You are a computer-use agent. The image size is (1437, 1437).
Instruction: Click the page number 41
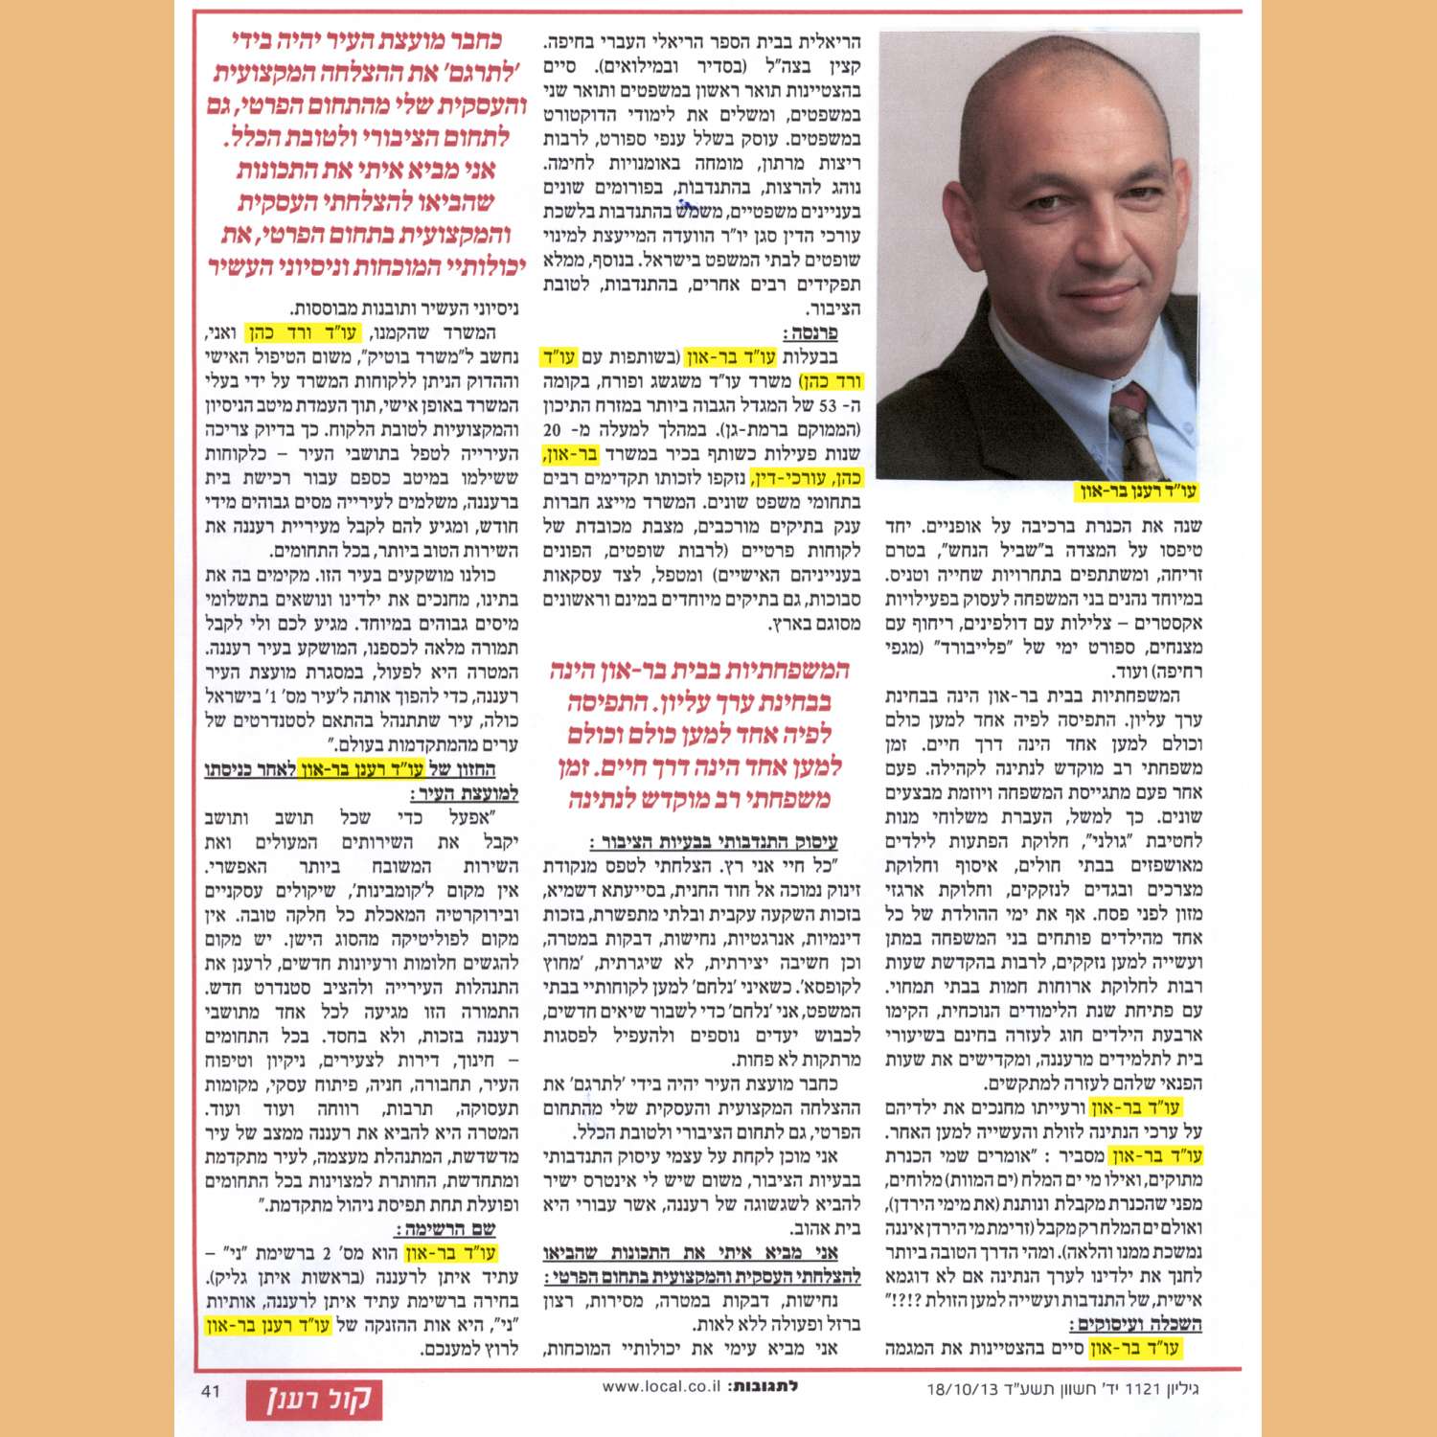pyautogui.click(x=210, y=1390)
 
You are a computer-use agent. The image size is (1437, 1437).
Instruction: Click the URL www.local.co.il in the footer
pyautogui.click(x=660, y=1386)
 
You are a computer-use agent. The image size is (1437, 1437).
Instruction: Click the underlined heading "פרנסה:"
pyautogui.click(x=810, y=333)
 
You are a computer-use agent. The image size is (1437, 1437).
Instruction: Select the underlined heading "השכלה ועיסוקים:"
pyautogui.click(x=1135, y=1325)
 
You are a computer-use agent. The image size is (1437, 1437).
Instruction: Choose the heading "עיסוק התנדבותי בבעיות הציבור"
pyautogui.click(x=714, y=842)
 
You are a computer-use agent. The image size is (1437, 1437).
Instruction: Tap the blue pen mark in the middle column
pyautogui.click(x=687, y=204)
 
